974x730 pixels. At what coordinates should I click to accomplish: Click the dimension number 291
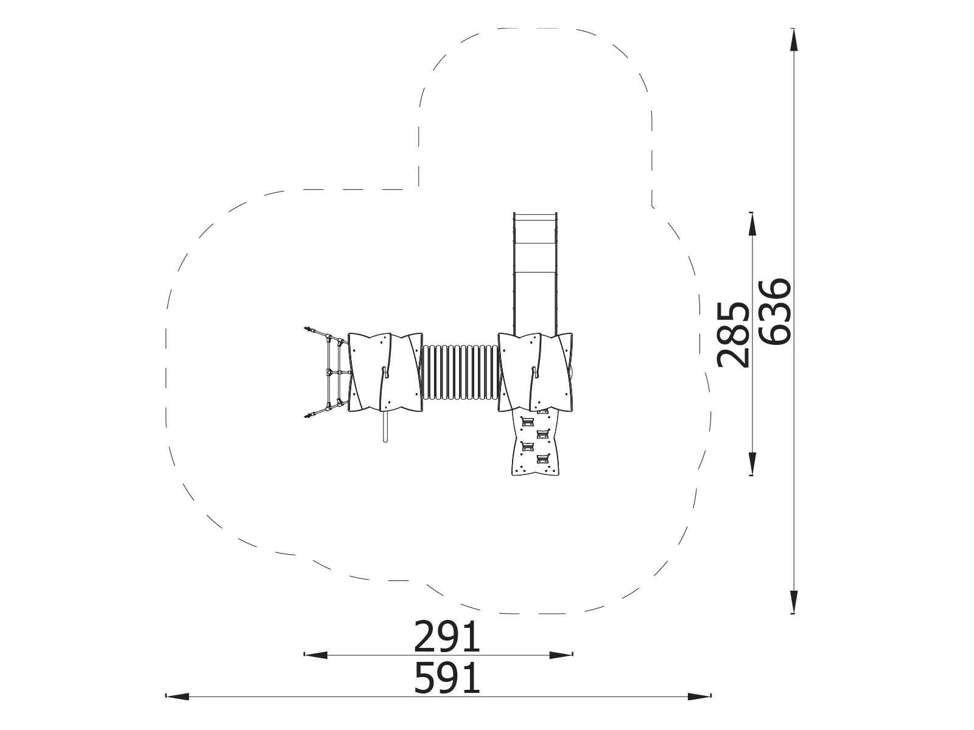447,638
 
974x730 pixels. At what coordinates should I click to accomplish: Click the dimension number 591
447,678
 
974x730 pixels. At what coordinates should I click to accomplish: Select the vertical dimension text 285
732,335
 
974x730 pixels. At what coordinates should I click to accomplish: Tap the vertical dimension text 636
774,311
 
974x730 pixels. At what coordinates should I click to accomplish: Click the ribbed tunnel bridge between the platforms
461,372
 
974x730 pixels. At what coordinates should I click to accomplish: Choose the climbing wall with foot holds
535,443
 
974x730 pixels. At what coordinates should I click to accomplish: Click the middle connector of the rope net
329,371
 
